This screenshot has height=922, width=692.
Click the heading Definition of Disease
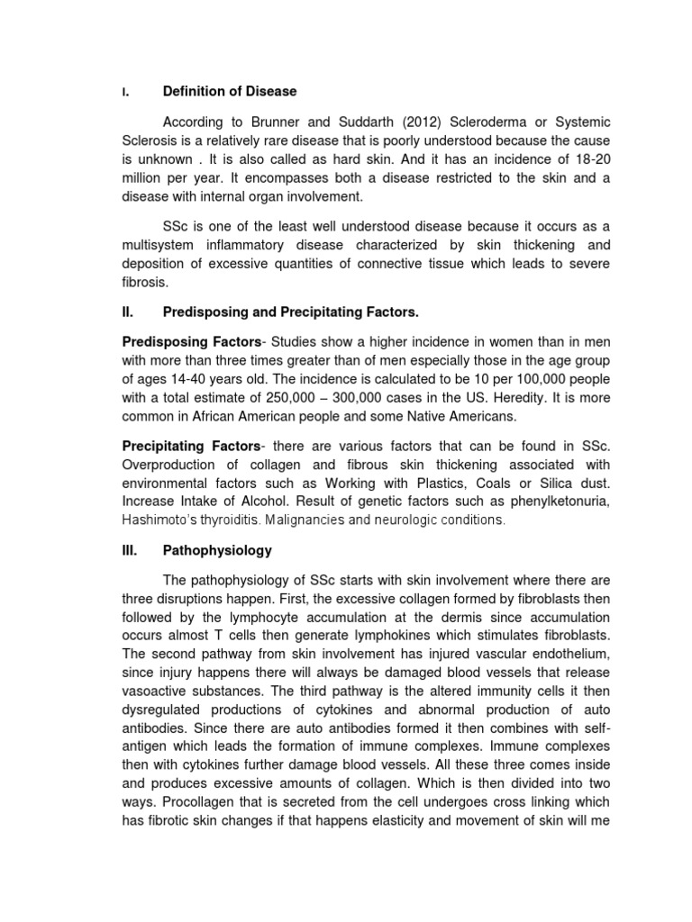pyautogui.click(x=229, y=92)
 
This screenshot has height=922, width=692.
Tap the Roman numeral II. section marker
pyautogui.click(x=127, y=312)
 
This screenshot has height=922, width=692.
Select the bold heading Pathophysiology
pyautogui.click(x=217, y=549)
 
